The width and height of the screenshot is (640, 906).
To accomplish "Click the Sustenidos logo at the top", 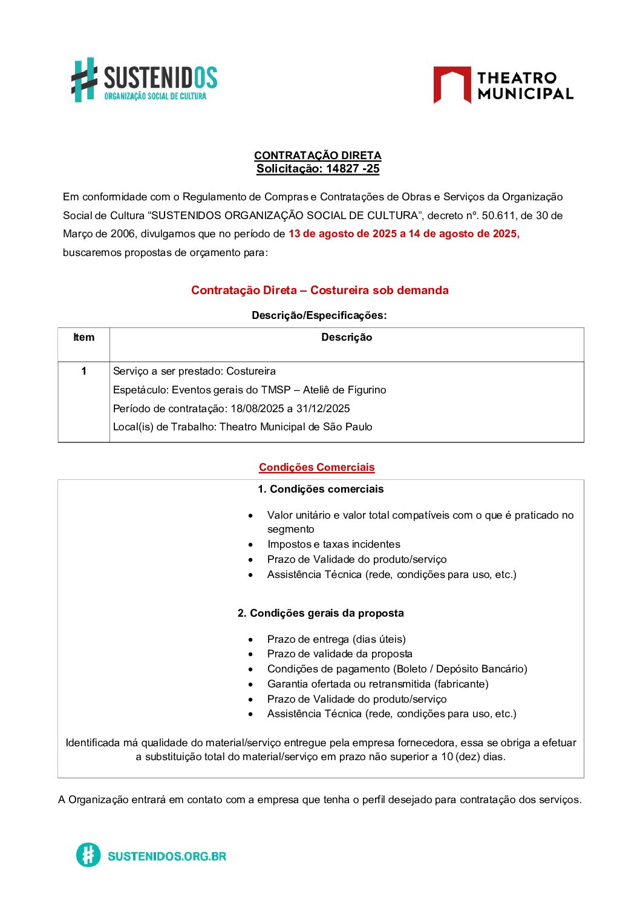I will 144,80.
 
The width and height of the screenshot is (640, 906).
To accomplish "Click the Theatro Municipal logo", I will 503,85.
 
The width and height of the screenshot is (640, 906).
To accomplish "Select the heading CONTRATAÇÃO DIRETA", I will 318,156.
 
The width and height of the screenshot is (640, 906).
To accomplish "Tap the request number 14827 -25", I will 352,169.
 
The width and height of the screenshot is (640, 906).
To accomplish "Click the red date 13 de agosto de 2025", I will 342,234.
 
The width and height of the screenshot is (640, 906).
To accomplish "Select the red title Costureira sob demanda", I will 379,290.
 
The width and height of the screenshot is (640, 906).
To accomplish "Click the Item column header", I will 83,338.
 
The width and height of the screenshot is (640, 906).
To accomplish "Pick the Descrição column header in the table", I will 347,338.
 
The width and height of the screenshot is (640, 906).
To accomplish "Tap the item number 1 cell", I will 83,371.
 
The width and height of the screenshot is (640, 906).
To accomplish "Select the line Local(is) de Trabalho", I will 243,427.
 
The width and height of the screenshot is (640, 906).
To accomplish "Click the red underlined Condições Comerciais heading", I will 317,467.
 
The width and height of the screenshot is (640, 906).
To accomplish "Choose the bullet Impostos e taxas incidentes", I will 333,544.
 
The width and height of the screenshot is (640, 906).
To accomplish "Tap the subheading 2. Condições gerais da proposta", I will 321,613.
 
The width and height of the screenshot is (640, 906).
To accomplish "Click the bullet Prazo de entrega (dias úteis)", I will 336,639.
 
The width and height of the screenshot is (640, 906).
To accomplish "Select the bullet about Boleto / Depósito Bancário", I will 397,669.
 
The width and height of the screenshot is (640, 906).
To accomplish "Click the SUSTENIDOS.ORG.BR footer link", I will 166,856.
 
